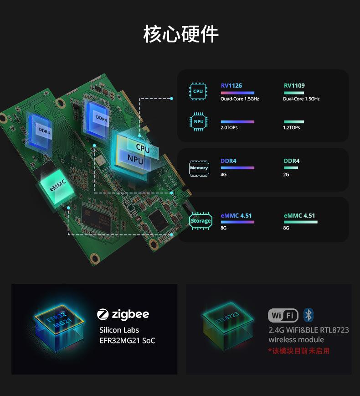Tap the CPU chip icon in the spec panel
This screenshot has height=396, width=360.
198,91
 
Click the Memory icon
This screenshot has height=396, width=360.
199,168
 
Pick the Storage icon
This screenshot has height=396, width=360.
201,221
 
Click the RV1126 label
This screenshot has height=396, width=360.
231,86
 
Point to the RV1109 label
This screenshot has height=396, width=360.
294,86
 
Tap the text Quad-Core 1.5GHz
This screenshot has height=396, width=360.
239,99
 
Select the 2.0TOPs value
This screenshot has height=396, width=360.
229,128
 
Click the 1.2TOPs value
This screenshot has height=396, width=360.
292,128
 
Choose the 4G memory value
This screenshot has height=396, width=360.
223,175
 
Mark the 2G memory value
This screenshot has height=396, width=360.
286,175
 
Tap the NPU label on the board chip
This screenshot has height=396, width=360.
135,160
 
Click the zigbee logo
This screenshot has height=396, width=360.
123,314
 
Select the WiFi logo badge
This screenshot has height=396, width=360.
283,315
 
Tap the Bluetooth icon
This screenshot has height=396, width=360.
309,315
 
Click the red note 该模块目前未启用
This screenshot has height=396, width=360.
299,351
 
